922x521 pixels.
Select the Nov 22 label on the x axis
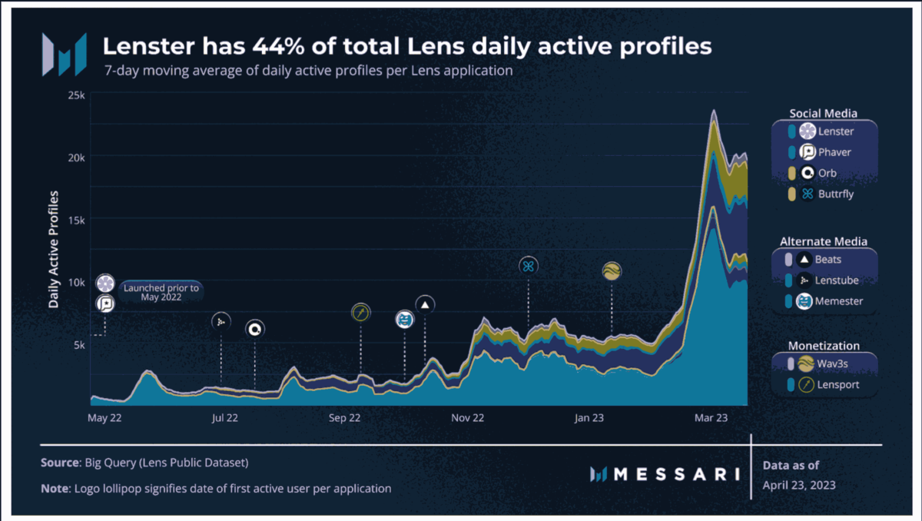coord(467,418)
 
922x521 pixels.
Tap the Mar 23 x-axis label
coord(711,418)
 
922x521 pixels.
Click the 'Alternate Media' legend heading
coord(823,241)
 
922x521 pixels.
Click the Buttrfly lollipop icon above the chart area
coord(529,266)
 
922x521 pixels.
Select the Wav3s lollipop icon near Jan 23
coord(612,270)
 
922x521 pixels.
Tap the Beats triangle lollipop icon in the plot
coord(426,304)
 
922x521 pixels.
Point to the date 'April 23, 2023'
coord(799,485)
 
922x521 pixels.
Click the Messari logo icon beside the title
coord(64,55)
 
